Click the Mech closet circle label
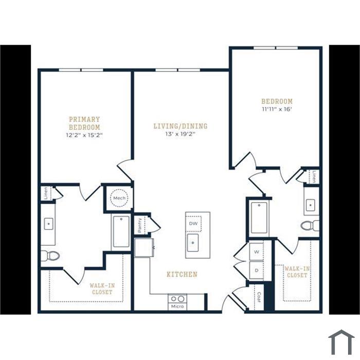(x=119, y=198)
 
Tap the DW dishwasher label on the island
(x=193, y=223)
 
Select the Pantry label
(x=139, y=225)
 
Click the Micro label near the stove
(x=177, y=307)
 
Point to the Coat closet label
(x=259, y=297)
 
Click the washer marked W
(x=257, y=251)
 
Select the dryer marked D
(x=257, y=270)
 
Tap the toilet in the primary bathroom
(x=50, y=256)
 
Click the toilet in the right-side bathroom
(x=310, y=225)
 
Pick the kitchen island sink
(x=193, y=243)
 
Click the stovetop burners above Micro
(x=177, y=299)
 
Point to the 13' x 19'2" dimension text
(x=180, y=134)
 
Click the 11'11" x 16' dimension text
(x=277, y=109)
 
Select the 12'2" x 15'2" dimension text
(x=84, y=135)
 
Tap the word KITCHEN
(x=182, y=274)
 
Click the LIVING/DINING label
(x=181, y=126)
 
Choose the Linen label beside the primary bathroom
(x=46, y=193)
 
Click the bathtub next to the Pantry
(x=121, y=231)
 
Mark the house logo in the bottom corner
(x=341, y=343)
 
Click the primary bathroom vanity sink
(x=48, y=224)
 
